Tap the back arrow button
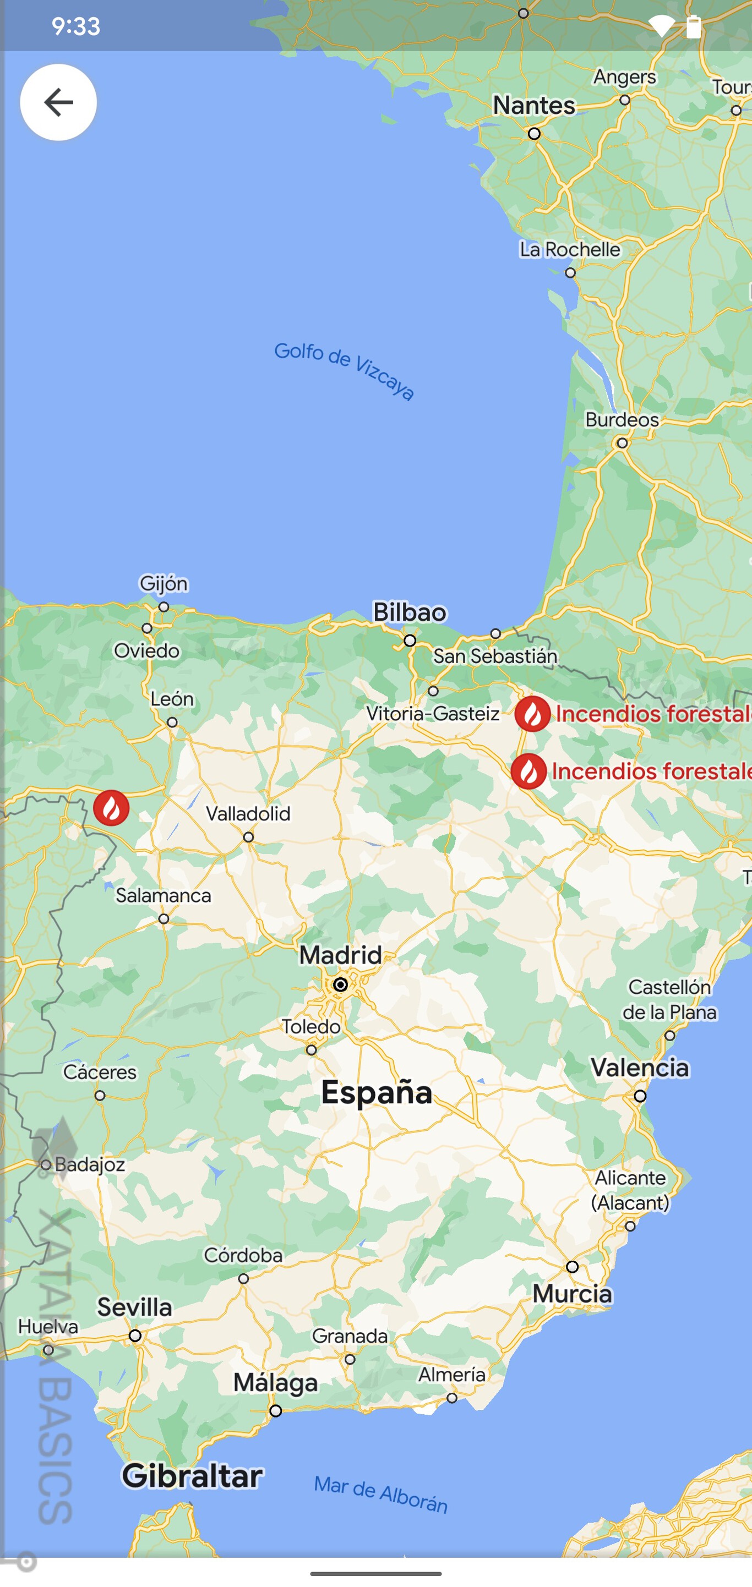pyautogui.click(x=58, y=102)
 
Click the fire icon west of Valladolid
pyautogui.click(x=112, y=808)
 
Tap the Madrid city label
pyautogui.click(x=340, y=955)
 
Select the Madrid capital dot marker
pyautogui.click(x=340, y=984)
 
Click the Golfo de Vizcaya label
pyautogui.click(x=345, y=370)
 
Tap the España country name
pyautogui.click(x=377, y=1093)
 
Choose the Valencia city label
pyautogui.click(x=640, y=1068)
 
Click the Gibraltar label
pyautogui.click(x=192, y=1476)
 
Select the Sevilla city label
pyautogui.click(x=134, y=1307)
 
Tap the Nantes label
pyautogui.click(x=534, y=105)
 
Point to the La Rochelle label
pyautogui.click(x=570, y=249)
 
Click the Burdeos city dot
pyautogui.click(x=623, y=443)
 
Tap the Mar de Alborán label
pyautogui.click(x=380, y=1495)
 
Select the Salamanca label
pyautogui.click(x=164, y=895)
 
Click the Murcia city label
pyautogui.click(x=572, y=1294)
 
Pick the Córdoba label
pyautogui.click(x=243, y=1256)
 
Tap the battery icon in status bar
pyautogui.click(x=694, y=26)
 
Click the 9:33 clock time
pyautogui.click(x=76, y=26)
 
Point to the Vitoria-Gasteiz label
pyautogui.click(x=433, y=714)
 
